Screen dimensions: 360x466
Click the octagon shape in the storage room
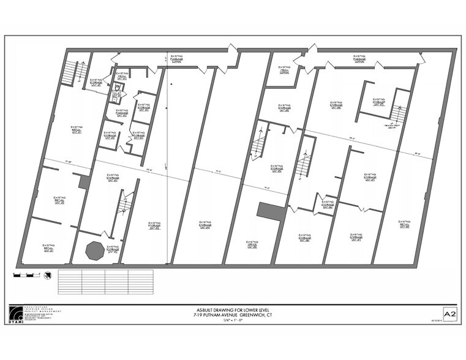click(x=95, y=250)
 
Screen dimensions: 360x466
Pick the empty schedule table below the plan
click(x=105, y=282)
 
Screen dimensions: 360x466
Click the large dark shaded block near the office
click(x=271, y=212)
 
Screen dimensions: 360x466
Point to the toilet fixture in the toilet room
click(x=116, y=88)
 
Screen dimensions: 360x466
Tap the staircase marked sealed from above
click(x=399, y=113)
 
